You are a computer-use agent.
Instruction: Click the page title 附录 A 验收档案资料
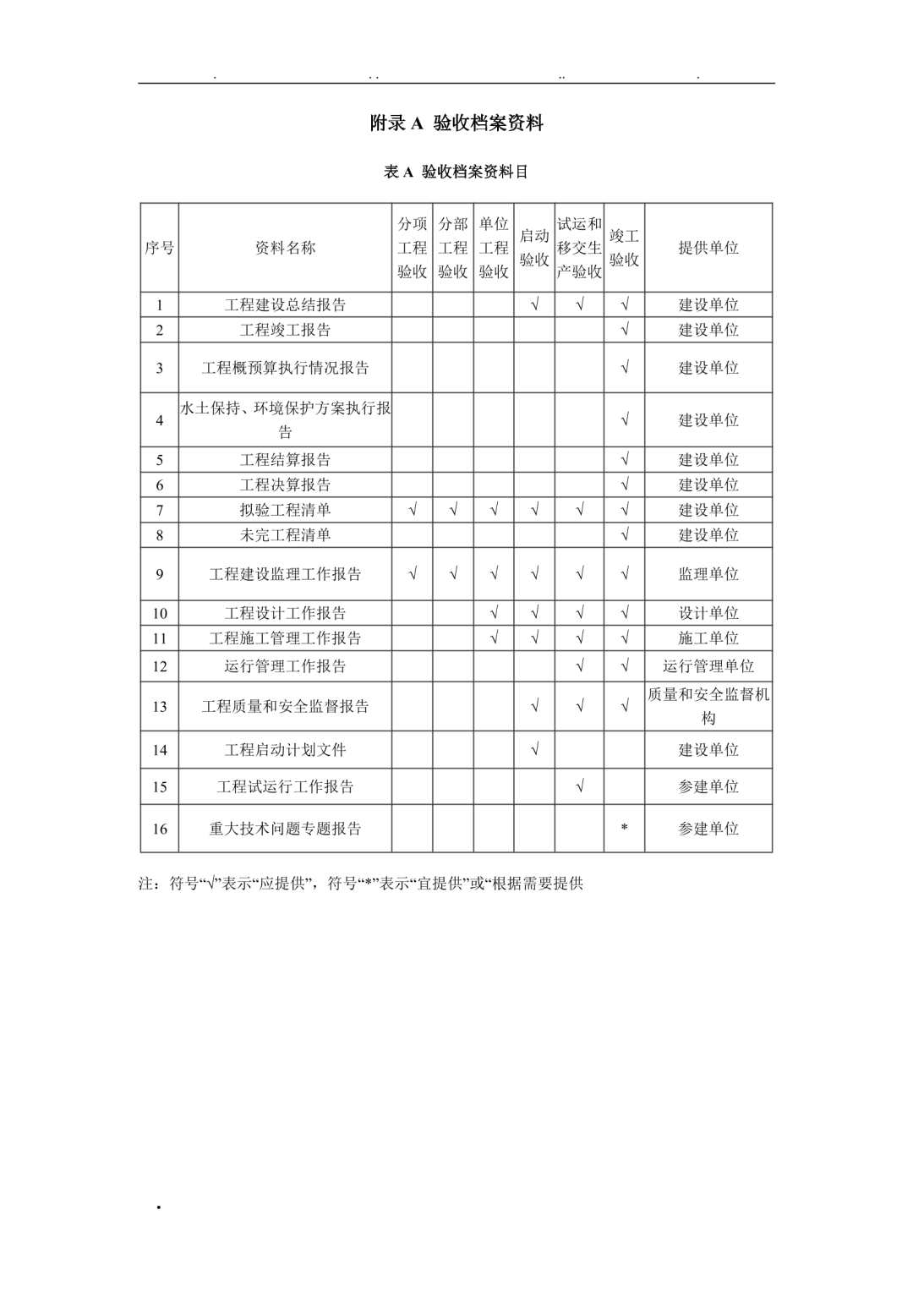tap(456, 123)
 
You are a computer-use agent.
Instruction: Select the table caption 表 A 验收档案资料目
tap(456, 172)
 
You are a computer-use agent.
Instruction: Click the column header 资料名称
tap(285, 248)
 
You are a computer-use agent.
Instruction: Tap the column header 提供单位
tap(708, 248)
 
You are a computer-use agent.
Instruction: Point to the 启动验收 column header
tap(534, 248)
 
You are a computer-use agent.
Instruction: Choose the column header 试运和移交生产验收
tap(579, 248)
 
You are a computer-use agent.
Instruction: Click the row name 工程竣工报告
tap(285, 330)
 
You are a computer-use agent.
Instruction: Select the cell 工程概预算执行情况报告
tap(285, 368)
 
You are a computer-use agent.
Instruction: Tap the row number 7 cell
tap(160, 510)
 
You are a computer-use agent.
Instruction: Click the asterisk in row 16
tap(624, 829)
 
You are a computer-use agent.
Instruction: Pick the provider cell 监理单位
tap(708, 574)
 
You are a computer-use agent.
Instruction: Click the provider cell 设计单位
tap(708, 613)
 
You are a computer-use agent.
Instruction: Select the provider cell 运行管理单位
tap(708, 666)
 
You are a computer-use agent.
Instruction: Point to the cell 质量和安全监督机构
tap(708, 706)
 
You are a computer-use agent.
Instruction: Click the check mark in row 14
tap(534, 750)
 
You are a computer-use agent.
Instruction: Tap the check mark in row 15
tap(579, 786)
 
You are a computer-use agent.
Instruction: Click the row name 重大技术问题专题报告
tap(285, 829)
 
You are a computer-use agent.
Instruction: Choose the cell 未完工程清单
tap(285, 535)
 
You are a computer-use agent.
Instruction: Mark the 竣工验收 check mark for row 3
tap(624, 368)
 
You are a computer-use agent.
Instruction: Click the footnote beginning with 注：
tap(361, 884)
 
